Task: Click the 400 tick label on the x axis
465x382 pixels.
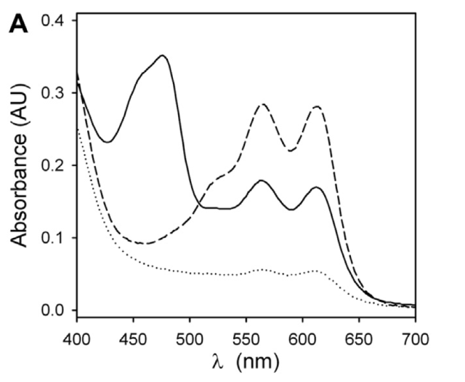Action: pos(76,338)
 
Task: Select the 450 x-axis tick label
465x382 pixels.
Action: pos(133,338)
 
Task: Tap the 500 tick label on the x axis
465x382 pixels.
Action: pos(190,338)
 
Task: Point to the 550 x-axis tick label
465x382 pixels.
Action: pos(246,338)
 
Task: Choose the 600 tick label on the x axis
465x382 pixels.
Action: pos(303,338)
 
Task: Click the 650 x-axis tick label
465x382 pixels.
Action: pos(359,338)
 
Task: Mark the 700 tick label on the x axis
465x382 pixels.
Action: pos(416,338)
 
